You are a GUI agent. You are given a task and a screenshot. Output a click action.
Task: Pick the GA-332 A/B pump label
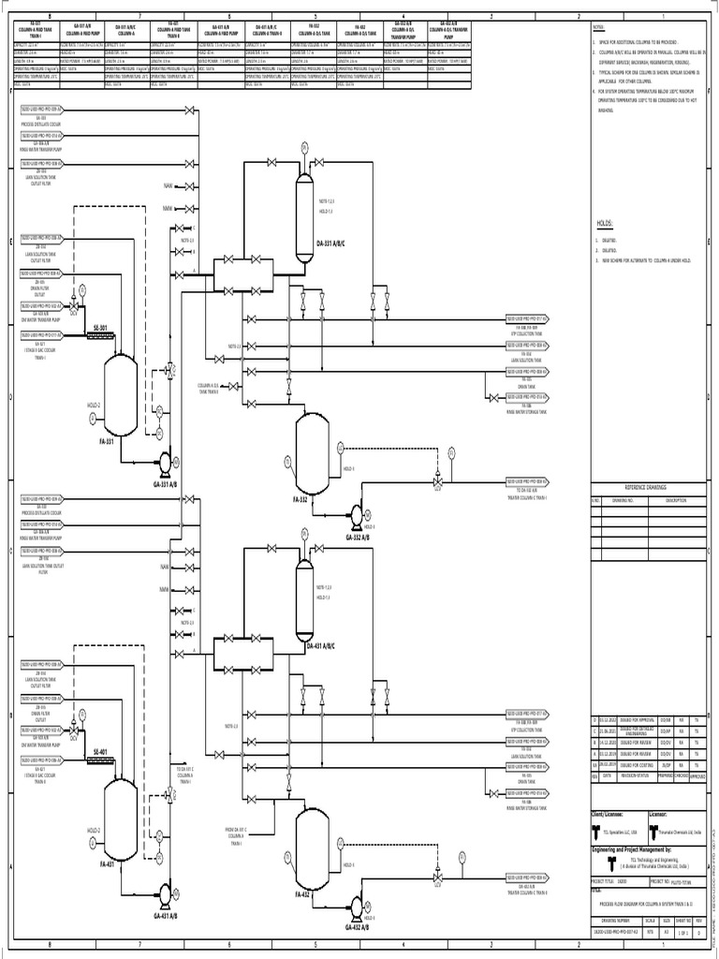tap(357, 539)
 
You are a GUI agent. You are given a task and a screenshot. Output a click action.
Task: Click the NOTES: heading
tap(600, 30)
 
